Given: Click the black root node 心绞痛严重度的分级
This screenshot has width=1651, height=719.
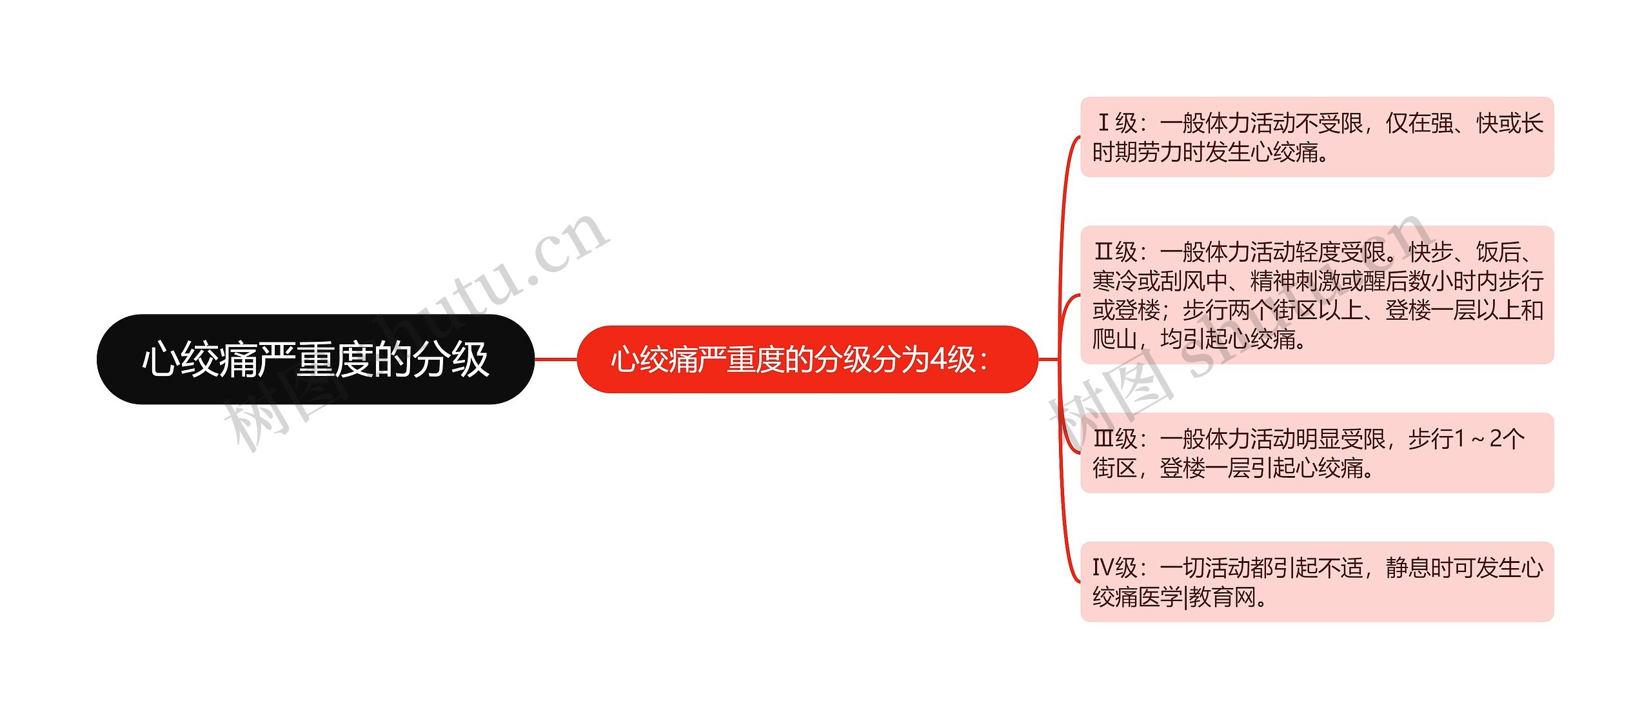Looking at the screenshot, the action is point(315,359).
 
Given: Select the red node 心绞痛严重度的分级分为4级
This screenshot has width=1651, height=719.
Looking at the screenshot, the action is point(807,359).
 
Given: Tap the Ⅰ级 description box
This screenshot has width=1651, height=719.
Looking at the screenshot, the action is point(1317,137).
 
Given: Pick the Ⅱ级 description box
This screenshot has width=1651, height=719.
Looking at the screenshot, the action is point(1317,295).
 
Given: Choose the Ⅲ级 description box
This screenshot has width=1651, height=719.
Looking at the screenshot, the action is point(1317,453).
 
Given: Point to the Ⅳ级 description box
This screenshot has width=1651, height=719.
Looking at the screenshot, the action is point(1317,582).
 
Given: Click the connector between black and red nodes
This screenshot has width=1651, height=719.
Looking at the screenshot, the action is point(555,359).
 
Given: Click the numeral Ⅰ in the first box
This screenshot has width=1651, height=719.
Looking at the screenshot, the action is point(1103,123).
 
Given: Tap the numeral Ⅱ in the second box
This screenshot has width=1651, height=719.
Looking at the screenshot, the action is point(1103,251).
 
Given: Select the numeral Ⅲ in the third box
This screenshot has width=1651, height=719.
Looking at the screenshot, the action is point(1103,438).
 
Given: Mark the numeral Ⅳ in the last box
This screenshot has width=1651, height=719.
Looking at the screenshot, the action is point(1103,567).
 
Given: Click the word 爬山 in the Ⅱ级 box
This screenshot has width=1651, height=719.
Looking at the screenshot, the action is point(1114,339).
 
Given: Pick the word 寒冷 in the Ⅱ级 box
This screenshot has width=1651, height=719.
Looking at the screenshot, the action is point(1114,281).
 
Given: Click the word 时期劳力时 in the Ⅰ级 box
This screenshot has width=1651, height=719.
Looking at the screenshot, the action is point(1148,152).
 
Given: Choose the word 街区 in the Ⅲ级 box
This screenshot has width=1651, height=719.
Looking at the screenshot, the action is point(1114,468).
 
